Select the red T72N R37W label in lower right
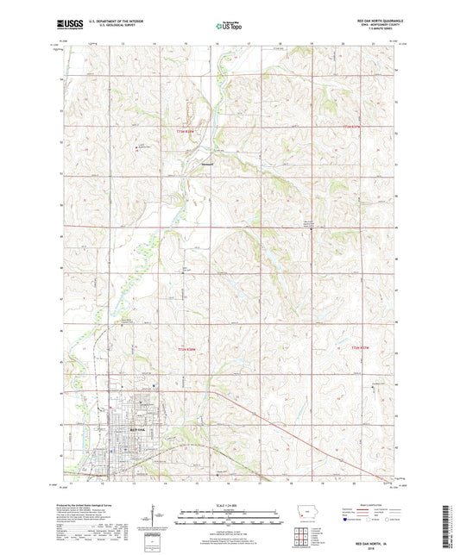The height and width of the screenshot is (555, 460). point(361,347)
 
